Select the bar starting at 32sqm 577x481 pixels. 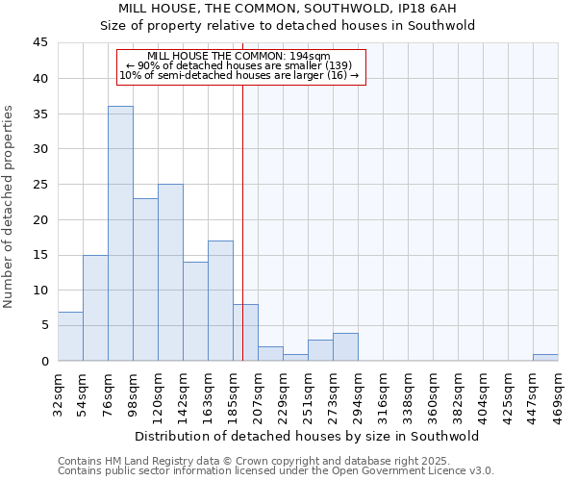coord(70,336)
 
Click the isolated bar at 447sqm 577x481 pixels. coord(545,357)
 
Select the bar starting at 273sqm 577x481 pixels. coord(345,346)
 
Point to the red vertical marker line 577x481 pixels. coord(242,192)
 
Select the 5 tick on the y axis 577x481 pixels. coord(44,325)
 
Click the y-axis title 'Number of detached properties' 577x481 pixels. coord(10,207)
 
